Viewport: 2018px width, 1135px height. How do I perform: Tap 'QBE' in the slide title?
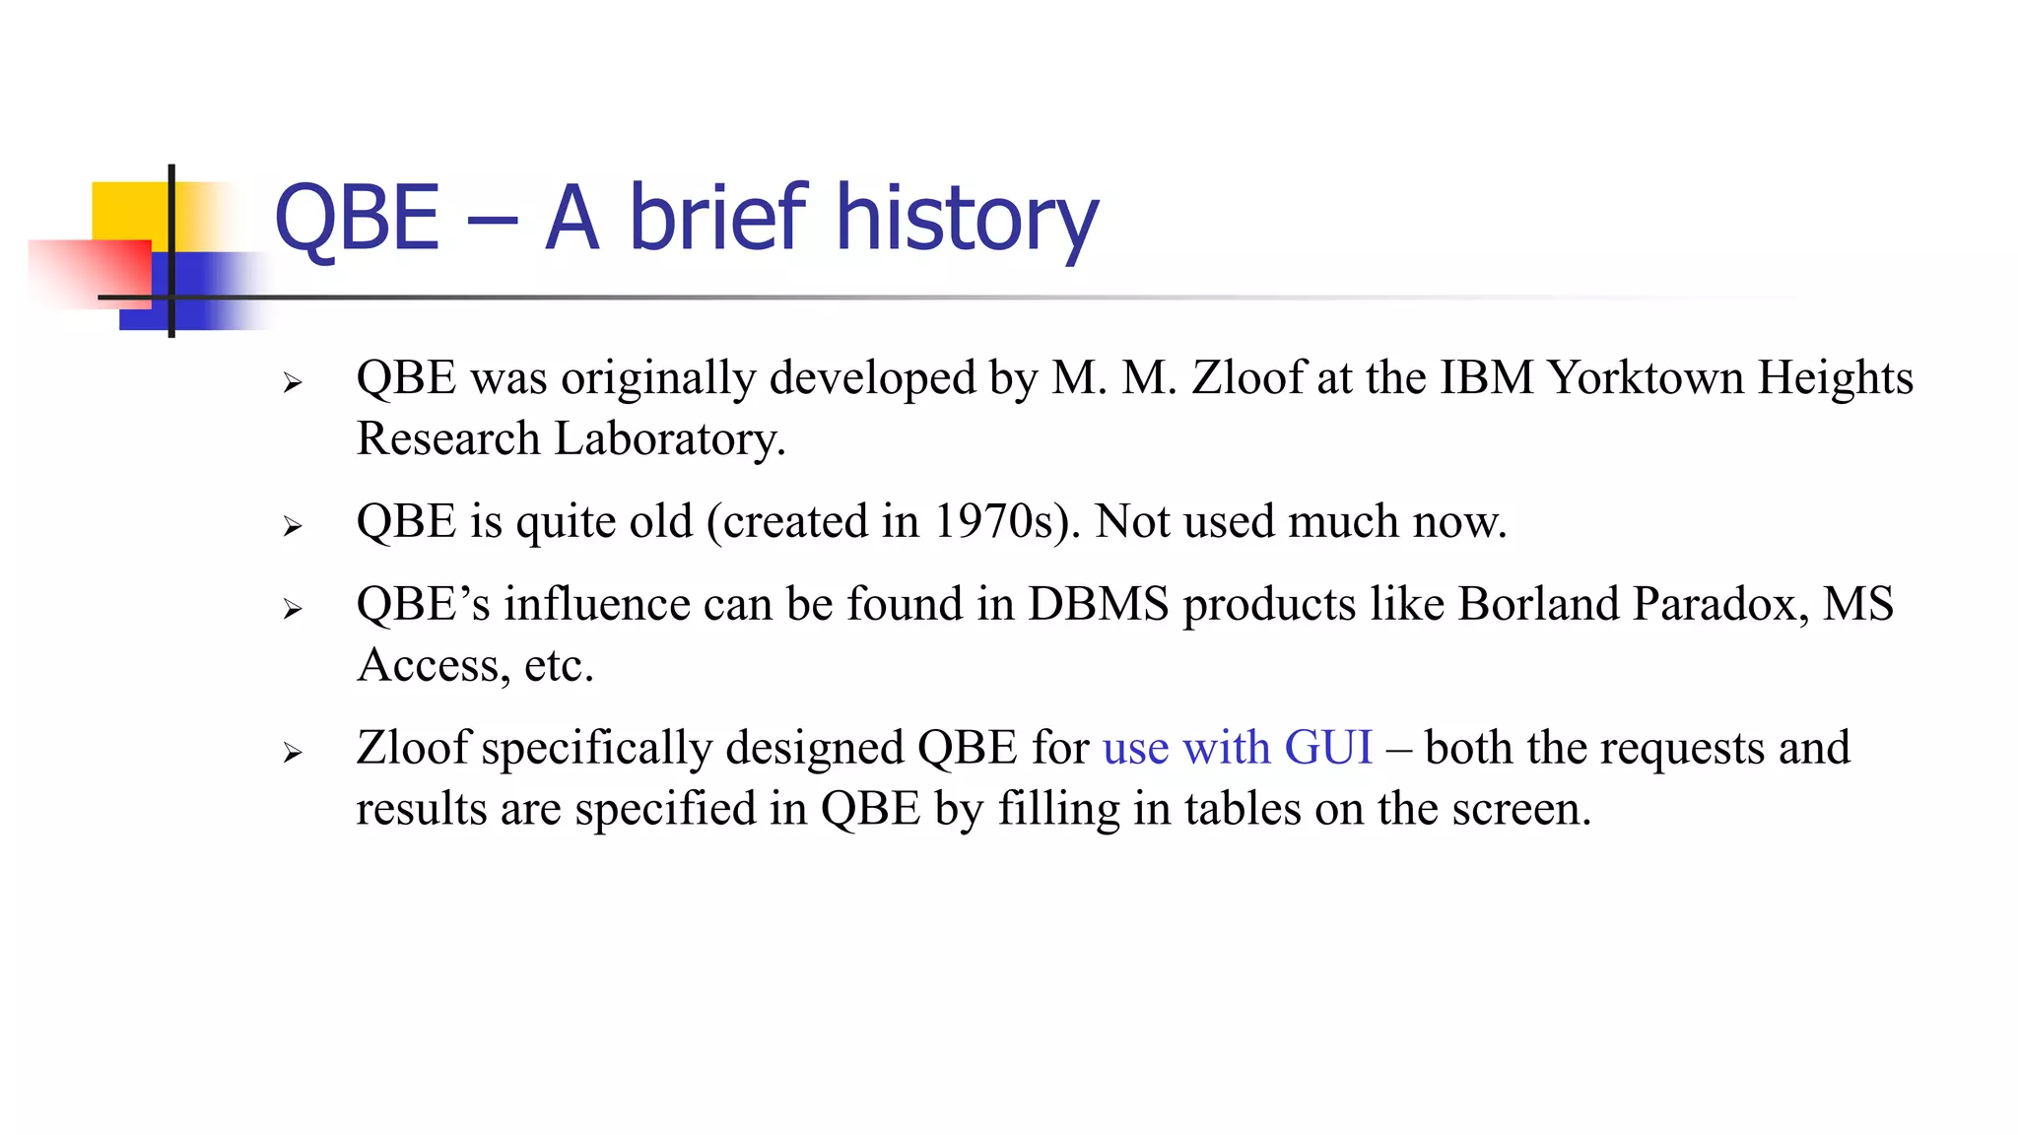tap(357, 219)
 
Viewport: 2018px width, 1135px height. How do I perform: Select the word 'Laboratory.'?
tap(670, 439)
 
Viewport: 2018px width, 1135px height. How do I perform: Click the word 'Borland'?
tap(1538, 605)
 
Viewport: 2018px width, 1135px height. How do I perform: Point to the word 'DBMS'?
tap(1098, 605)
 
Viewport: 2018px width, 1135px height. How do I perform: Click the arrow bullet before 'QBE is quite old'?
tap(292, 527)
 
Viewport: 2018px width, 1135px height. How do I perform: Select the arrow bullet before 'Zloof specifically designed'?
tap(292, 754)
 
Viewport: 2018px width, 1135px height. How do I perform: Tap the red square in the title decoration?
tap(94, 272)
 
